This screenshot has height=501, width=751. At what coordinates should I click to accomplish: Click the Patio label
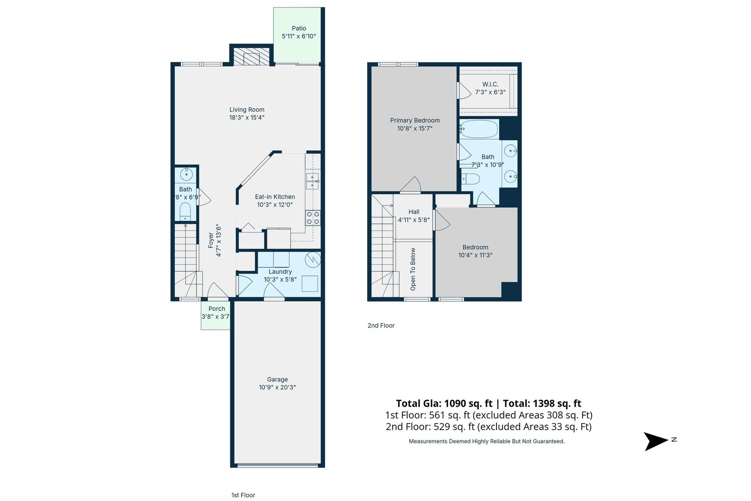point(299,28)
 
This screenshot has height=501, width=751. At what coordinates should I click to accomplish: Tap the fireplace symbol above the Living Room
point(251,58)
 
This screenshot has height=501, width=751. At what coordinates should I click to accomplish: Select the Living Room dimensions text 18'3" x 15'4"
point(247,118)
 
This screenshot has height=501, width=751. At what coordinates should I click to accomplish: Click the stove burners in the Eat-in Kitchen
point(313,218)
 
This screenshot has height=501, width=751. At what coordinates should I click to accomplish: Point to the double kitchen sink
point(312,181)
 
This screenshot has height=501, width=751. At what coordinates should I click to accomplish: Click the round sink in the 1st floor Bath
point(186,175)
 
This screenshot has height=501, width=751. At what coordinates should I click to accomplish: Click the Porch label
point(216,308)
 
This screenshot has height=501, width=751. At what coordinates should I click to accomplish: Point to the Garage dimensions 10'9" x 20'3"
point(277,387)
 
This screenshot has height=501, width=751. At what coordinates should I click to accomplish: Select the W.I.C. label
point(490,84)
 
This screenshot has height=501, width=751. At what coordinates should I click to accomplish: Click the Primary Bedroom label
point(414,120)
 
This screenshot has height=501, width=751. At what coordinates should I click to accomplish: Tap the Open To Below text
point(413,269)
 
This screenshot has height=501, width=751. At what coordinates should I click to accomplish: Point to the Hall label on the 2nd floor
point(414,212)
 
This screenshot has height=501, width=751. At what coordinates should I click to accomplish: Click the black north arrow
point(656,441)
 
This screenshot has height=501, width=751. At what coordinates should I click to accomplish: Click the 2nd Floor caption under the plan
point(381,326)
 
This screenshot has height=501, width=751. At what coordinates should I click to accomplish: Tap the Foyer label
point(211,240)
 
